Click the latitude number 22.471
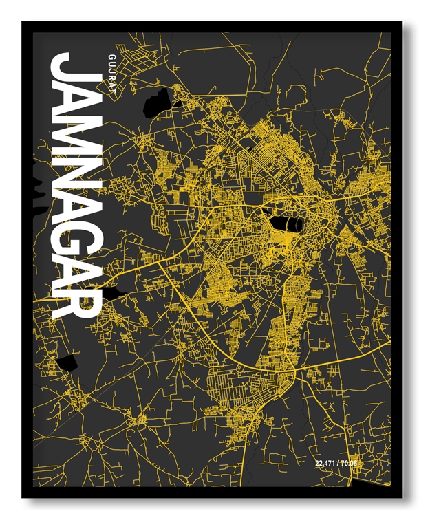tap(325, 462)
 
